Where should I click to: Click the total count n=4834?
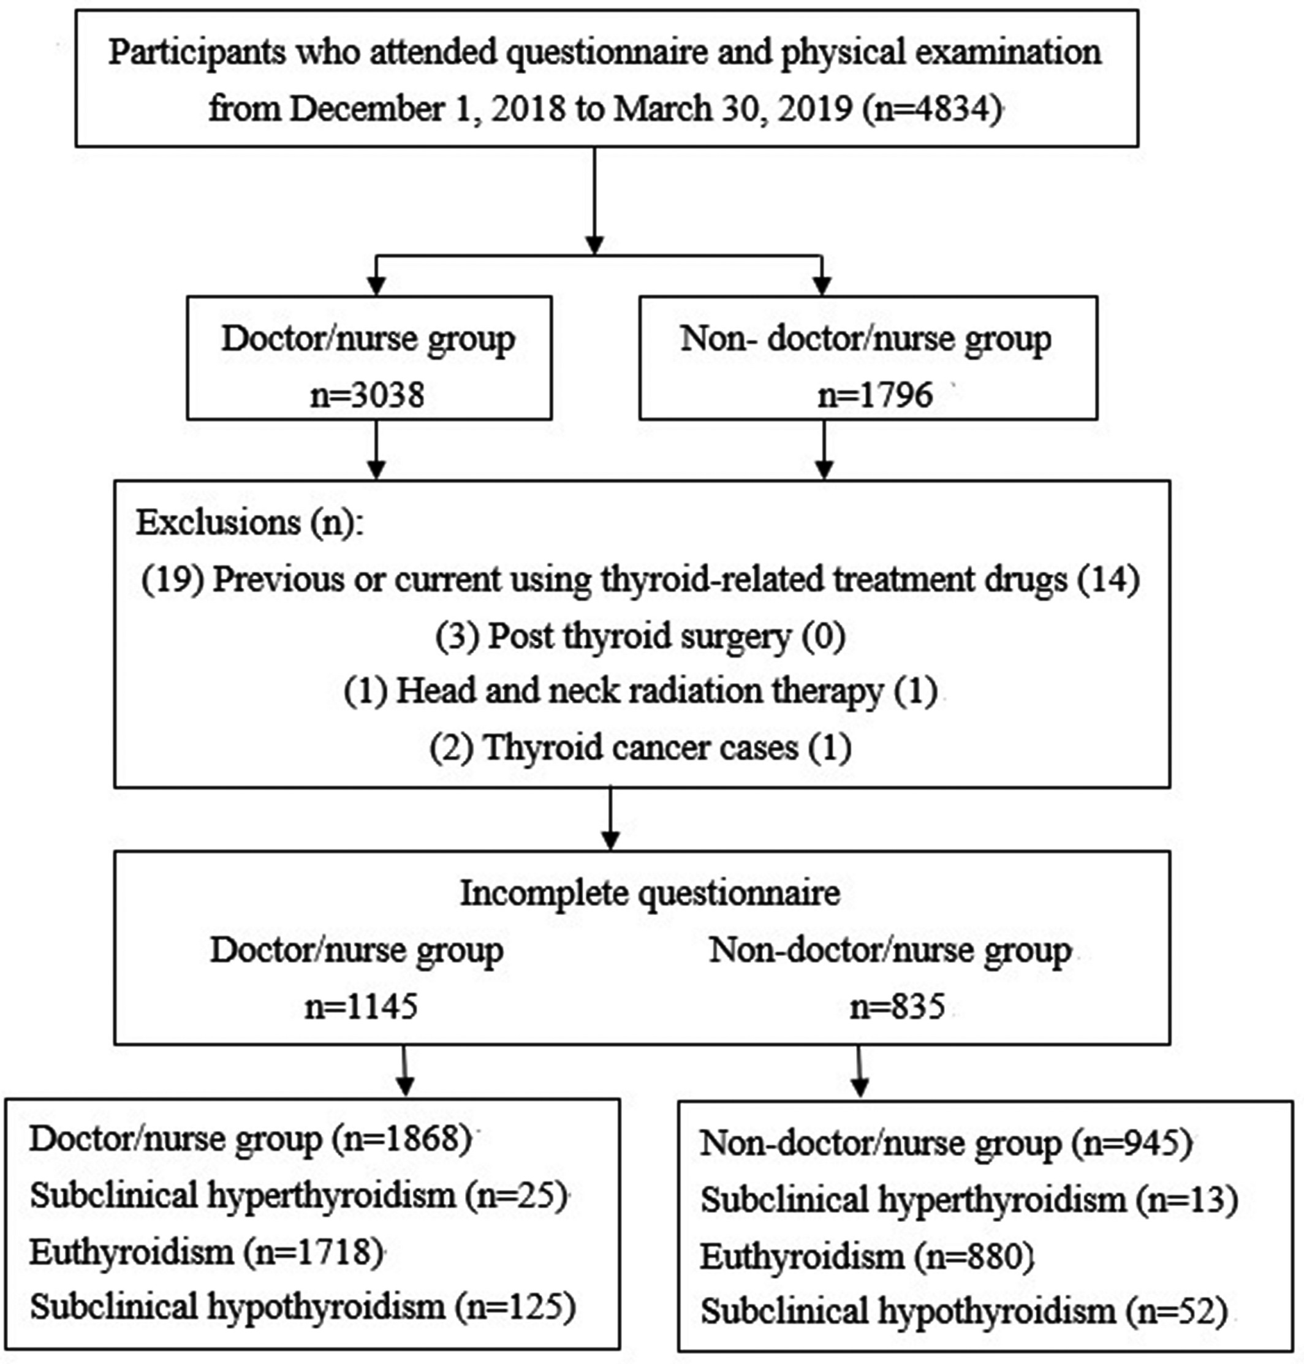coord(933,109)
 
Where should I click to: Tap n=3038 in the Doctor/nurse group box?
coord(367,395)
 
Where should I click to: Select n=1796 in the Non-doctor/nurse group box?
coord(875,395)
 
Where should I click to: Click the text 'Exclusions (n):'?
coord(249,523)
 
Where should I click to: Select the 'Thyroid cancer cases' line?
coord(640,748)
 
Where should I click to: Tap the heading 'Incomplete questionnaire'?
coord(650,893)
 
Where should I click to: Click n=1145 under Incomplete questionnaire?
coord(362,1006)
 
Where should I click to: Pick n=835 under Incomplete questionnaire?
coord(897,1006)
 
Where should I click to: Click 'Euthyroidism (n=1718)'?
coord(207,1252)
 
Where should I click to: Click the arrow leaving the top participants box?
coord(594,201)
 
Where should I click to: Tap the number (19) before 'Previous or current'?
coord(172,579)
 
